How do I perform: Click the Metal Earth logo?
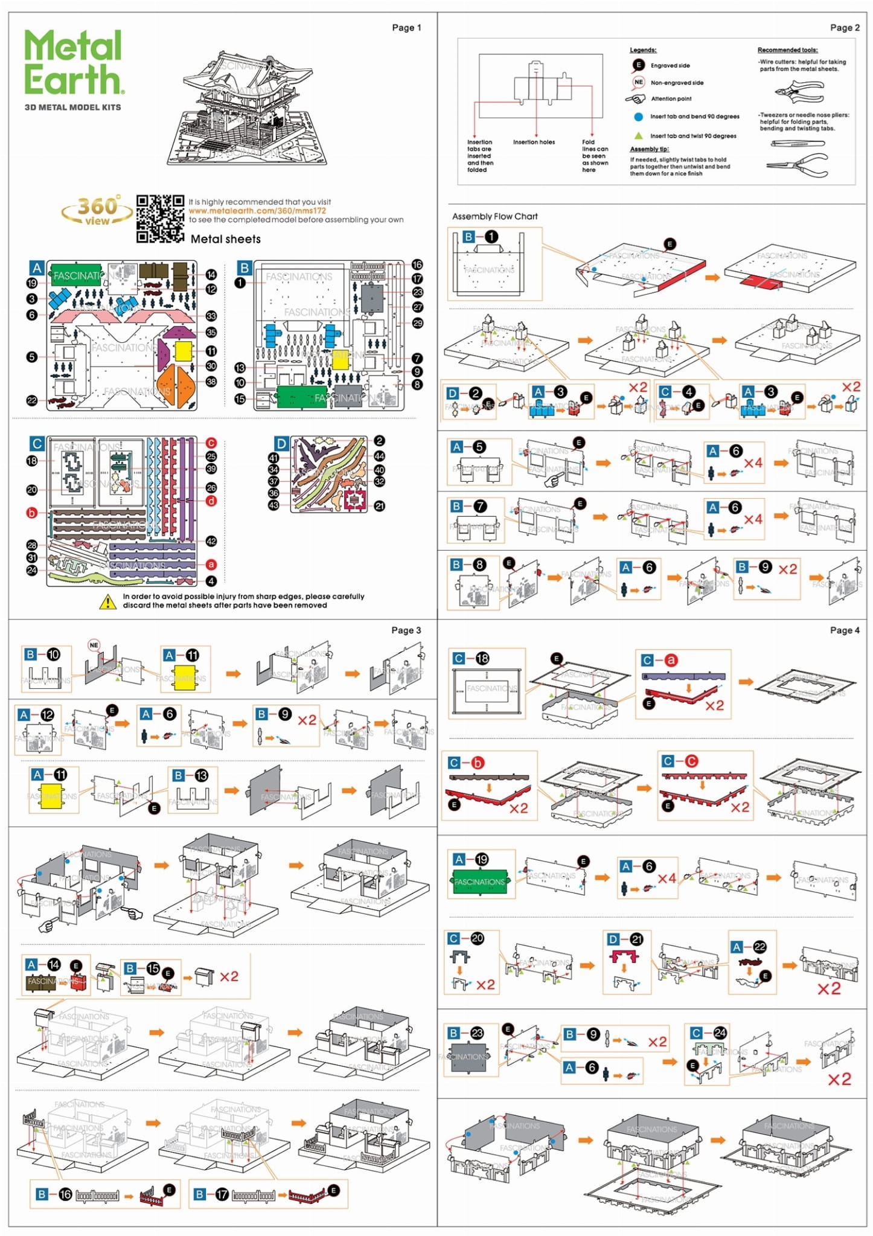pyautogui.click(x=74, y=63)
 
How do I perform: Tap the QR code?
pyautogui.click(x=160, y=219)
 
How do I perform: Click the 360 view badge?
pyautogui.click(x=97, y=211)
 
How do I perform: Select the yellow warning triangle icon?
pyautogui.click(x=107, y=601)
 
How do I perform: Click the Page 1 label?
pyautogui.click(x=406, y=28)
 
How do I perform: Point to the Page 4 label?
pyautogui.click(x=844, y=630)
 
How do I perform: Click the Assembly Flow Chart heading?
pyautogui.click(x=494, y=216)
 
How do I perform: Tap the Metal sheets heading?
pyautogui.click(x=225, y=239)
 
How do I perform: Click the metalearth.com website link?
pyautogui.click(x=257, y=211)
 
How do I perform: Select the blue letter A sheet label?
pyautogui.click(x=37, y=268)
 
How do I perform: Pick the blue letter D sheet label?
pyautogui.click(x=281, y=444)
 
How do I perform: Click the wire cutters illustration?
pyautogui.click(x=799, y=92)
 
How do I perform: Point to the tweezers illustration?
pyautogui.click(x=797, y=144)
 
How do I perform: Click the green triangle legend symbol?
pyautogui.click(x=638, y=136)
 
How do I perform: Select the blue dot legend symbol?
pyautogui.click(x=638, y=117)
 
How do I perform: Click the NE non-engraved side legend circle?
pyautogui.click(x=638, y=82)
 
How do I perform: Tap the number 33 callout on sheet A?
pyautogui.click(x=211, y=316)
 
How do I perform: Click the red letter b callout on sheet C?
pyautogui.click(x=31, y=513)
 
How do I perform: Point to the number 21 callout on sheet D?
pyautogui.click(x=379, y=506)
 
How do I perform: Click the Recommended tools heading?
pyautogui.click(x=787, y=50)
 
